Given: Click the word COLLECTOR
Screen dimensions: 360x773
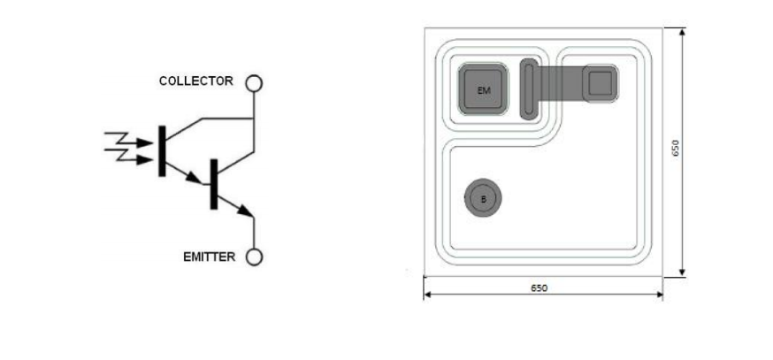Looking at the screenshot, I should click(195, 81).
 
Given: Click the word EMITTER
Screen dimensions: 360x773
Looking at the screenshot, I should click(209, 257).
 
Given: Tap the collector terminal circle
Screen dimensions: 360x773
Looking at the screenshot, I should click(254, 83).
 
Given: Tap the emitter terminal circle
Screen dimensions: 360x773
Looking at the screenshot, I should click(254, 257).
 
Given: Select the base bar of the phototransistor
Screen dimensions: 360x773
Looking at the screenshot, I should click(162, 150).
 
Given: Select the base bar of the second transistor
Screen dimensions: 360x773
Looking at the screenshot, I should click(213, 184).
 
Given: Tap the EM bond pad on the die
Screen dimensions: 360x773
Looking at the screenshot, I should click(483, 89).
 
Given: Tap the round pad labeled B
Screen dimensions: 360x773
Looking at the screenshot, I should click(483, 199).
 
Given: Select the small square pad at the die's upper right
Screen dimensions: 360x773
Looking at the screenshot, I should click(601, 83).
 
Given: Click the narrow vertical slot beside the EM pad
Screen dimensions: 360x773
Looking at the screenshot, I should click(528, 88).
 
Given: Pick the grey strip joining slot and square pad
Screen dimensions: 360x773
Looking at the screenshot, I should click(559, 84).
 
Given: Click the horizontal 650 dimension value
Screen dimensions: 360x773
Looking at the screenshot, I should click(539, 288).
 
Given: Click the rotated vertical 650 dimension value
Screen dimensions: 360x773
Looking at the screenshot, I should click(675, 148).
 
